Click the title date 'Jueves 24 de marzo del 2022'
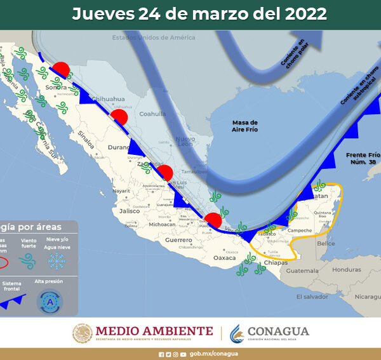(199, 14)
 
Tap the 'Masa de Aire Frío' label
(244, 126)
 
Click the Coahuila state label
(152, 114)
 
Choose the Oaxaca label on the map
(225, 258)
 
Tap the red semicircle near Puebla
(213, 220)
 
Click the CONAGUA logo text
(278, 331)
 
